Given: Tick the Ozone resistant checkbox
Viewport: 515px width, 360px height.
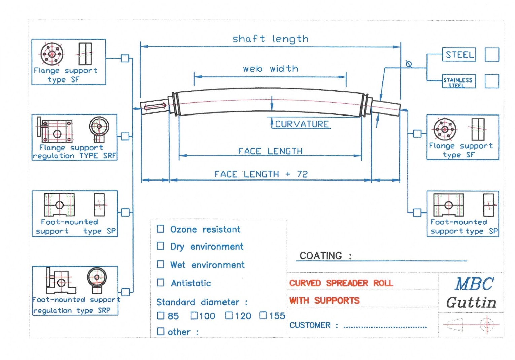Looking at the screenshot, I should [x=161, y=229].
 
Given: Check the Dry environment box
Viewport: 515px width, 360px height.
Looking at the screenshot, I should [x=161, y=246].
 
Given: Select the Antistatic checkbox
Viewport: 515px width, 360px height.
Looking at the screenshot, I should [x=161, y=283].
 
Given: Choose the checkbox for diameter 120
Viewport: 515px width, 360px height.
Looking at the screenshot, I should [x=229, y=315].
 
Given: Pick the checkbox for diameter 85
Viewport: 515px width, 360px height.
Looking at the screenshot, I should [x=161, y=315].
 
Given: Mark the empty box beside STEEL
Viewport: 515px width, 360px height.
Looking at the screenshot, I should [x=491, y=55].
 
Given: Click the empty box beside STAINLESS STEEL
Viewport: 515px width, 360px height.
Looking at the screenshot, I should [x=491, y=81].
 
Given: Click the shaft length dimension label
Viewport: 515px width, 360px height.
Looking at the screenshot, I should [x=270, y=39].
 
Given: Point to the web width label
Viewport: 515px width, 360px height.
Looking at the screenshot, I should [x=270, y=69].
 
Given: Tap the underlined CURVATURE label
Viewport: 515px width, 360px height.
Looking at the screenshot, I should [x=302, y=124].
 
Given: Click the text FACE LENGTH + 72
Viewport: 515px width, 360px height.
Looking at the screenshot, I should [x=261, y=174].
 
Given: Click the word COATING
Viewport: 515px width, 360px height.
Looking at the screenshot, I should [x=321, y=256].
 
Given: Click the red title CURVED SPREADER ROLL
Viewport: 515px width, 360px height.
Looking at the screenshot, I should [x=341, y=283].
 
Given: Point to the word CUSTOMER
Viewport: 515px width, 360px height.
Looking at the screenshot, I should [x=310, y=325].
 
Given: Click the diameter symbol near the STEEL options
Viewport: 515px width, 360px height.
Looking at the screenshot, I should [x=409, y=64].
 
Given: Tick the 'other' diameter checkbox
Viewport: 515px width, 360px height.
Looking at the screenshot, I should [x=161, y=331].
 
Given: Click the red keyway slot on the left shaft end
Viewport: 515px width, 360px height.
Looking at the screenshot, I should [x=155, y=107].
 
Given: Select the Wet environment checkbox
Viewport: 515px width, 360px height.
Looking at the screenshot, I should [x=161, y=264].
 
